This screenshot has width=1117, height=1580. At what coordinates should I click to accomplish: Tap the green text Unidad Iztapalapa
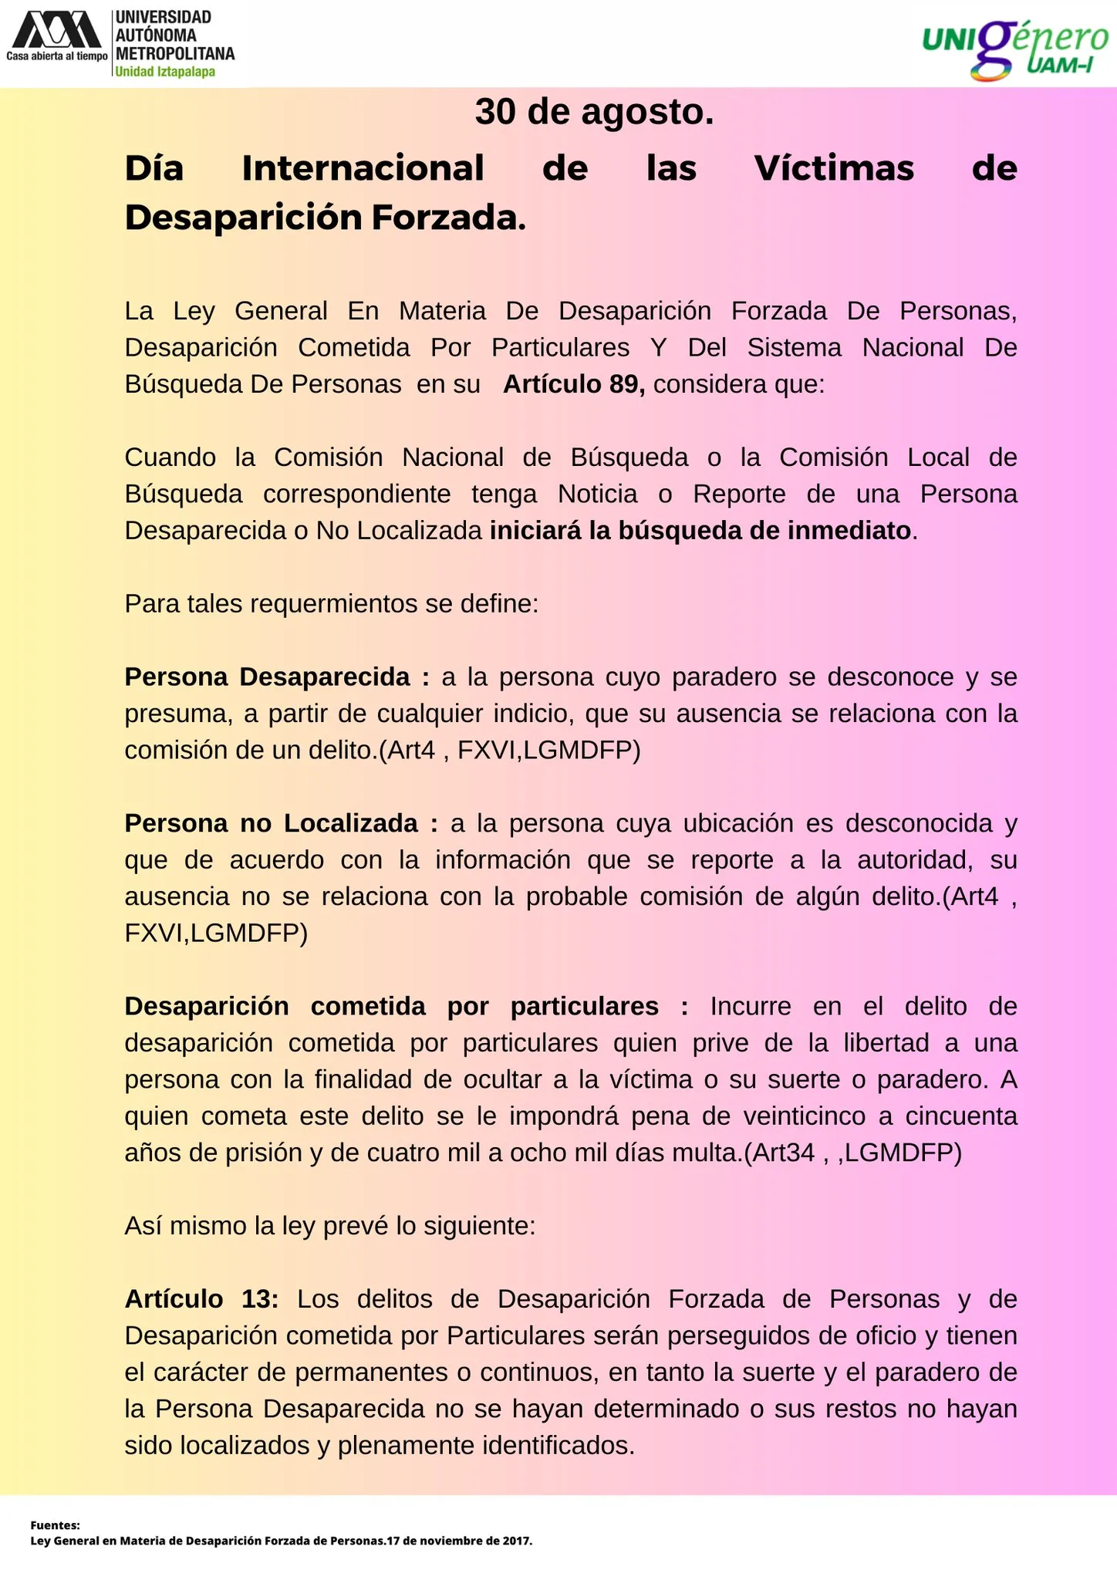click(x=165, y=72)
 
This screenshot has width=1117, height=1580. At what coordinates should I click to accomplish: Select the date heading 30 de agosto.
click(x=594, y=112)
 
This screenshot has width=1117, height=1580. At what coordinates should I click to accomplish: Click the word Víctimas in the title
click(x=834, y=168)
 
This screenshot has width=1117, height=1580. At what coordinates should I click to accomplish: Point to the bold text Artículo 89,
click(x=574, y=384)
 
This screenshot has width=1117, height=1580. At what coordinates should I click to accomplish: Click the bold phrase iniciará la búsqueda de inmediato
click(x=700, y=531)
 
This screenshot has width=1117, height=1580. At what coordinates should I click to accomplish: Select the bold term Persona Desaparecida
click(x=268, y=677)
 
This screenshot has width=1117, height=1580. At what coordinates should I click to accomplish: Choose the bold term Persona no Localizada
click(x=272, y=823)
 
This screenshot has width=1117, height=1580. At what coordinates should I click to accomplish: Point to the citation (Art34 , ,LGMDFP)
click(x=853, y=1153)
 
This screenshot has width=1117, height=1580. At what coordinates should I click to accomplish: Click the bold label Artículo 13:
click(x=201, y=1299)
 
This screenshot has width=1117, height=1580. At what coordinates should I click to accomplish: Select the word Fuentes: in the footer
click(x=56, y=1525)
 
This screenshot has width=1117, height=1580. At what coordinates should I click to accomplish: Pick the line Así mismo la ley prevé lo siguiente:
click(x=330, y=1226)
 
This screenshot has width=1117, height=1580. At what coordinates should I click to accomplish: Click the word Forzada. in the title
click(x=448, y=218)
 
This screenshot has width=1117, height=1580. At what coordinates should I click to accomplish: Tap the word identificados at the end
click(x=555, y=1445)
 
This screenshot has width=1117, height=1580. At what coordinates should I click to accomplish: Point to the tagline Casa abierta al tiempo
click(x=57, y=56)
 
